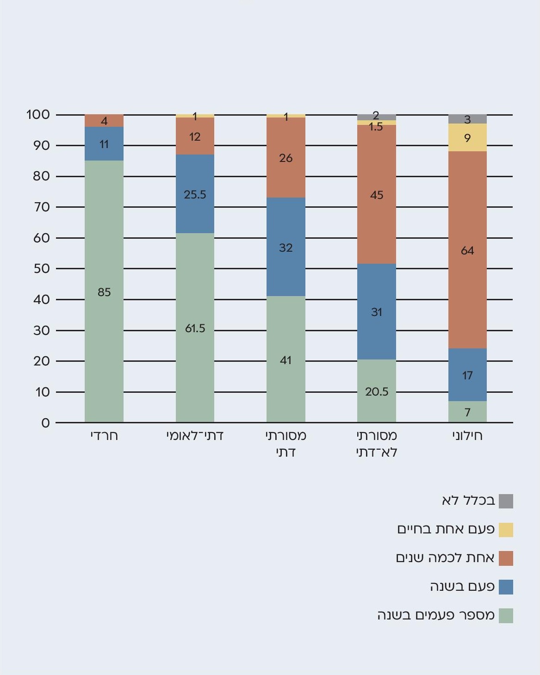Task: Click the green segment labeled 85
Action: click(x=104, y=291)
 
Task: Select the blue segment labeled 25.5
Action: click(x=195, y=194)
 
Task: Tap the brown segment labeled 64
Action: click(x=467, y=250)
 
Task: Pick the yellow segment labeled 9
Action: click(x=467, y=137)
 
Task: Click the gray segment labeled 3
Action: click(x=467, y=119)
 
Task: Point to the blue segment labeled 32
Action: click(x=286, y=247)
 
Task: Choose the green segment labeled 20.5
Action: click(x=376, y=391)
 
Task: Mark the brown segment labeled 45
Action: click(x=376, y=194)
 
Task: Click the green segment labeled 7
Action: click(x=467, y=412)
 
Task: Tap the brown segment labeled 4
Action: click(x=104, y=121)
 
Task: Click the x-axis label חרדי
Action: click(x=104, y=436)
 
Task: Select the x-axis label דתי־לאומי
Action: click(x=195, y=436)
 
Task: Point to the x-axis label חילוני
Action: click(x=467, y=436)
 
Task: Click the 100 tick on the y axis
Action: click(x=38, y=114)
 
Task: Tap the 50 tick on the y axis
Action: click(x=41, y=268)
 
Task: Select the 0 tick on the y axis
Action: click(x=45, y=423)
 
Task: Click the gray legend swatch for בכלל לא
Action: click(x=506, y=501)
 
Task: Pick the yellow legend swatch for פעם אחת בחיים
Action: click(x=506, y=530)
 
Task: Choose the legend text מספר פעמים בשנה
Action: click(x=436, y=615)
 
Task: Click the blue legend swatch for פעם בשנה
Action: click(x=506, y=587)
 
